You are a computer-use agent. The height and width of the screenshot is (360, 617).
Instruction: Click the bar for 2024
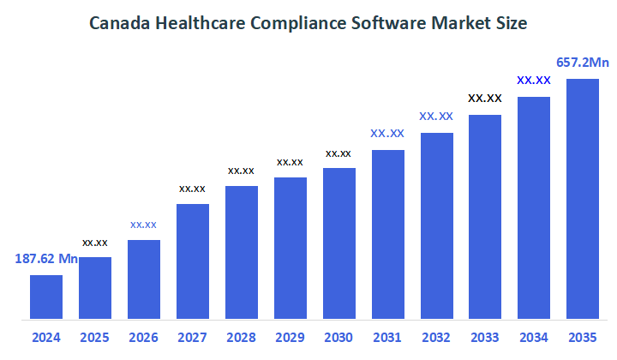[46, 297]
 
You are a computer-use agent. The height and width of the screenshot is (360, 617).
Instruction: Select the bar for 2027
[193, 261]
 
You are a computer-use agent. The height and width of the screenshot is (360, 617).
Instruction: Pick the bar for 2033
[485, 216]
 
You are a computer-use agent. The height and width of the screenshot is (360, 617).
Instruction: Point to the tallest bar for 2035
[583, 198]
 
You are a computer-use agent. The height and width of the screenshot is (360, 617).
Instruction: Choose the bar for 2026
[144, 279]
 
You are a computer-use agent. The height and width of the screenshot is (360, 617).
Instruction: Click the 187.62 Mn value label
[46, 258]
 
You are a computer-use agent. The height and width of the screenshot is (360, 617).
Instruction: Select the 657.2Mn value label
[583, 62]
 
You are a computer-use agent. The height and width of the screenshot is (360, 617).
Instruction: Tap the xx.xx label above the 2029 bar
[290, 162]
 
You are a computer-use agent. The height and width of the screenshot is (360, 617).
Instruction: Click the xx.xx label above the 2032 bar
[436, 116]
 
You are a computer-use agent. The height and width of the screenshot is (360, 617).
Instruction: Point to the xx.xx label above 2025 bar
[95, 243]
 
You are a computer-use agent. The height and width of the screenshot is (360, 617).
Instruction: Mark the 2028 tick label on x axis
[241, 338]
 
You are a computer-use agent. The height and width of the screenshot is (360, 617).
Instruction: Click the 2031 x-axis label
[387, 338]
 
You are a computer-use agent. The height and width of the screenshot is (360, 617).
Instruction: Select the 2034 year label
[534, 338]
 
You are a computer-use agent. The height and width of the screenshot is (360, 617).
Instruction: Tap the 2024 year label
[46, 338]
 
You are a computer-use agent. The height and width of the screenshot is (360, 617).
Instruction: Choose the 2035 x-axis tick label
[583, 338]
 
